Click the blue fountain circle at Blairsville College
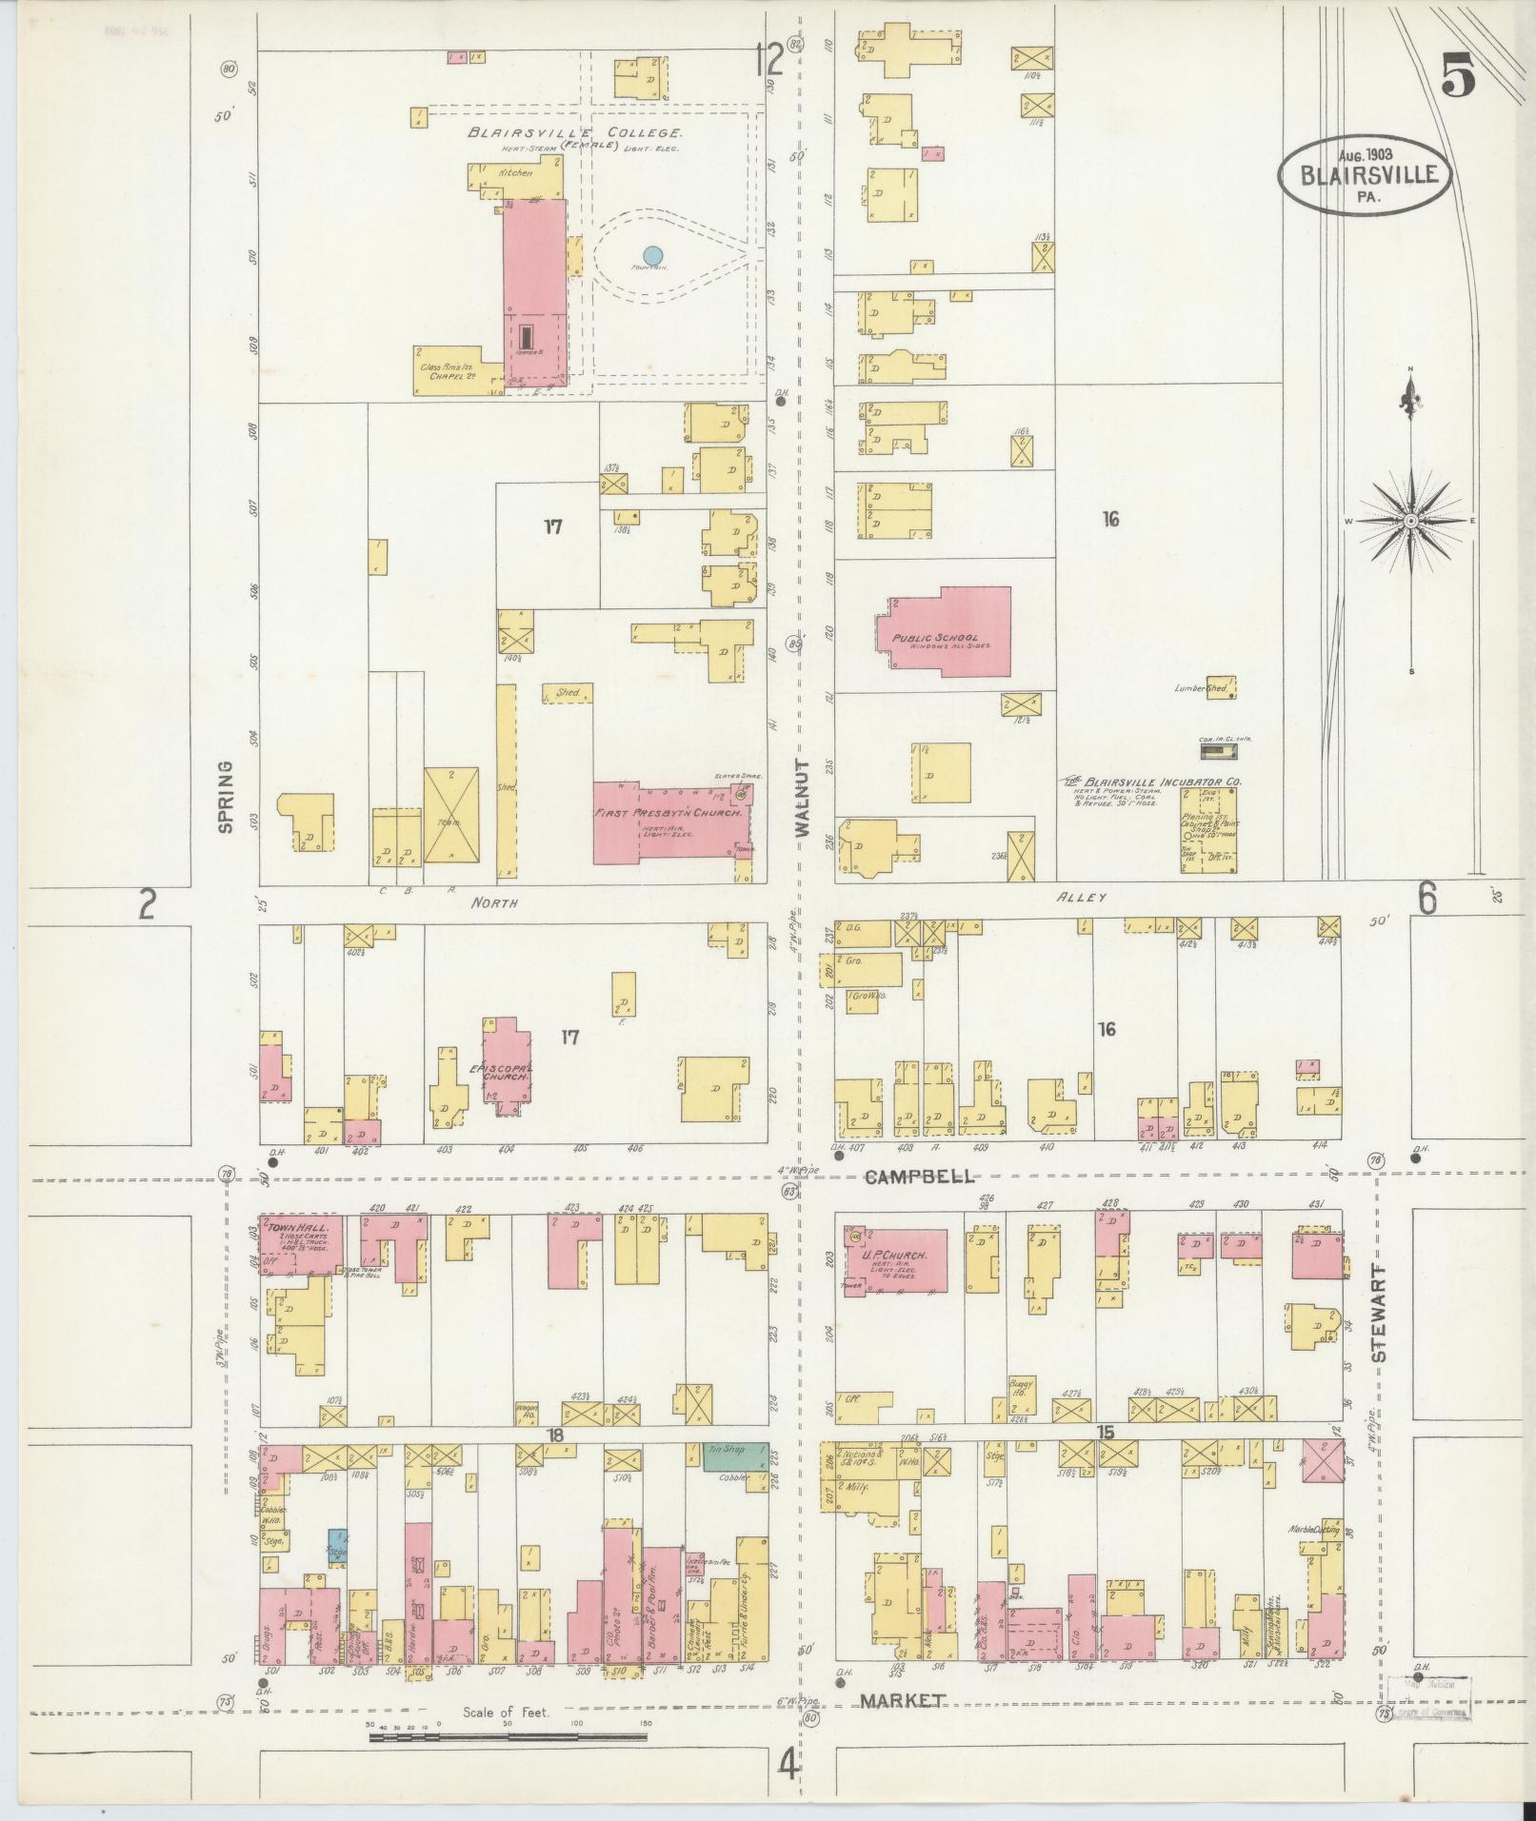652,255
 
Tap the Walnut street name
802,798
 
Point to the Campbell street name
920,1177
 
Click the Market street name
902,1701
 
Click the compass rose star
1410,522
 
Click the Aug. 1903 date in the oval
1366,155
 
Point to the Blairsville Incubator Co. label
1154,782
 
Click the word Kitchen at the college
515,173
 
